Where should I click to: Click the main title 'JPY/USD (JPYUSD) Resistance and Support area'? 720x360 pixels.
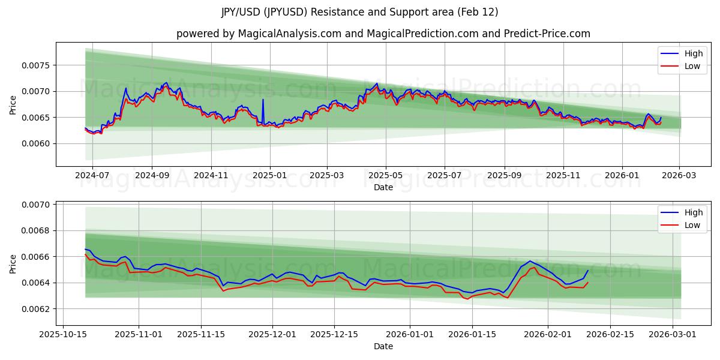tap(359, 12)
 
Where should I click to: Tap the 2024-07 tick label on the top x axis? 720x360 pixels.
tap(93, 175)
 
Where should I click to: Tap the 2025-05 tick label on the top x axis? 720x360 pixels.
tap(385, 175)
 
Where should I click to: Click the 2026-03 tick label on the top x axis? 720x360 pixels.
tap(679, 175)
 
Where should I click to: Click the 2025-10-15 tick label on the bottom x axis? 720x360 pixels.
tap(64, 334)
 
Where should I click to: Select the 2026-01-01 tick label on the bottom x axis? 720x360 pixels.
tap(410, 334)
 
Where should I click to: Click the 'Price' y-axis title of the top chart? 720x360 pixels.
tap(13, 104)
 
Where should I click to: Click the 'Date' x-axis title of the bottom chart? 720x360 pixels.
tap(383, 346)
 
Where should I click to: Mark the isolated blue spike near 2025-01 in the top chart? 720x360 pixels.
tap(263, 100)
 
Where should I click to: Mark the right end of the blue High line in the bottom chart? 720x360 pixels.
tap(588, 270)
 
